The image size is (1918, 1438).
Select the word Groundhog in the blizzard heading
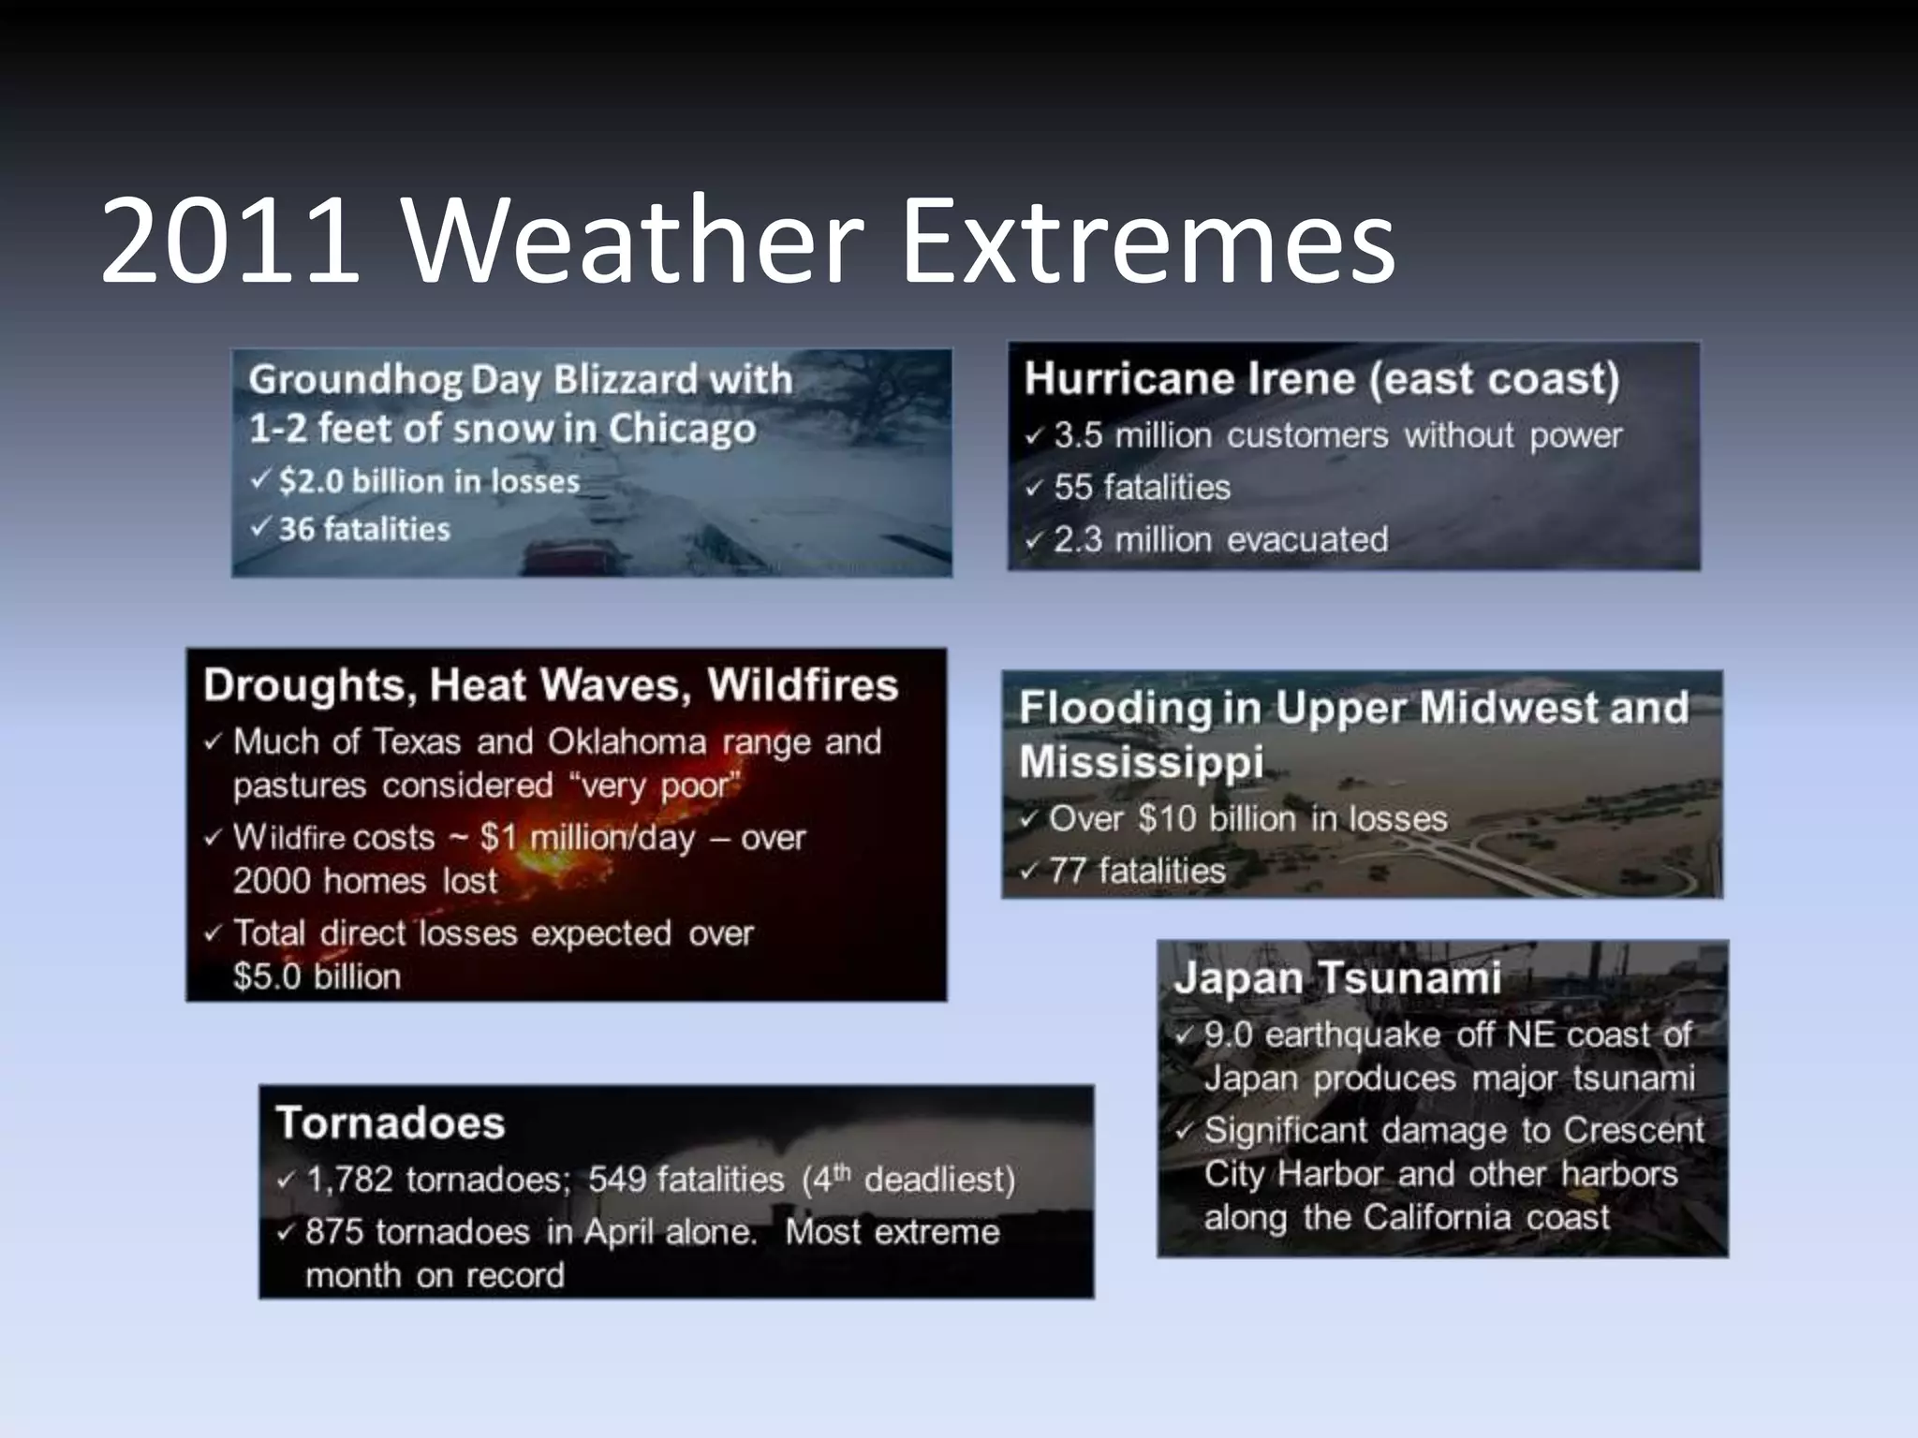356,380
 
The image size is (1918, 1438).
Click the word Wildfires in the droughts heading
803,684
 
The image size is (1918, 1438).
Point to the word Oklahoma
627,741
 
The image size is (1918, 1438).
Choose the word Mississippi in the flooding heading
1141,761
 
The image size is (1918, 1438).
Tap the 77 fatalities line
1136,872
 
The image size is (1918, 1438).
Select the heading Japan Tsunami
1336,978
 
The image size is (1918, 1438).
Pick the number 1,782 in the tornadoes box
348,1180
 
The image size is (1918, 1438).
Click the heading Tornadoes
390,1123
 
